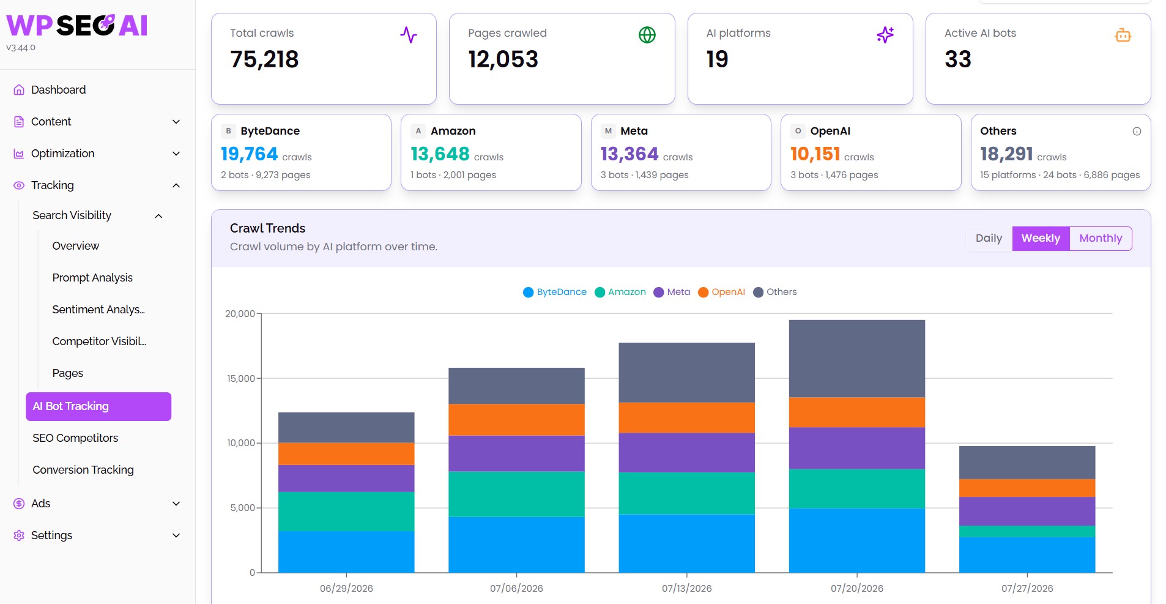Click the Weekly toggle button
coord(1041,238)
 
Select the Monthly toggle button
coord(1101,238)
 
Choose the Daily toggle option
coord(989,238)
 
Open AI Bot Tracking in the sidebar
coord(98,406)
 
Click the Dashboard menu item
coord(58,90)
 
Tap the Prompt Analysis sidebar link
coord(92,278)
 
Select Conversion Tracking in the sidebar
coord(83,470)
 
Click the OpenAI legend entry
coord(722,292)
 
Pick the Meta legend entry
coord(672,292)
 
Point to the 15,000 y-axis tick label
coord(241,378)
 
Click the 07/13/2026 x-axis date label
coord(686,589)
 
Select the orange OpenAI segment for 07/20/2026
coord(857,412)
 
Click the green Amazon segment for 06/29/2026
coord(346,512)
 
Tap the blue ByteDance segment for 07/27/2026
coord(1027,555)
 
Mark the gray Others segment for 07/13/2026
coord(687,373)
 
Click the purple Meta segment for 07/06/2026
coord(516,453)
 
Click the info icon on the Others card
coord(1137,131)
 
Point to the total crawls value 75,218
coord(264,59)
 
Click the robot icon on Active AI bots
coord(1123,35)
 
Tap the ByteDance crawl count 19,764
coord(250,154)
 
